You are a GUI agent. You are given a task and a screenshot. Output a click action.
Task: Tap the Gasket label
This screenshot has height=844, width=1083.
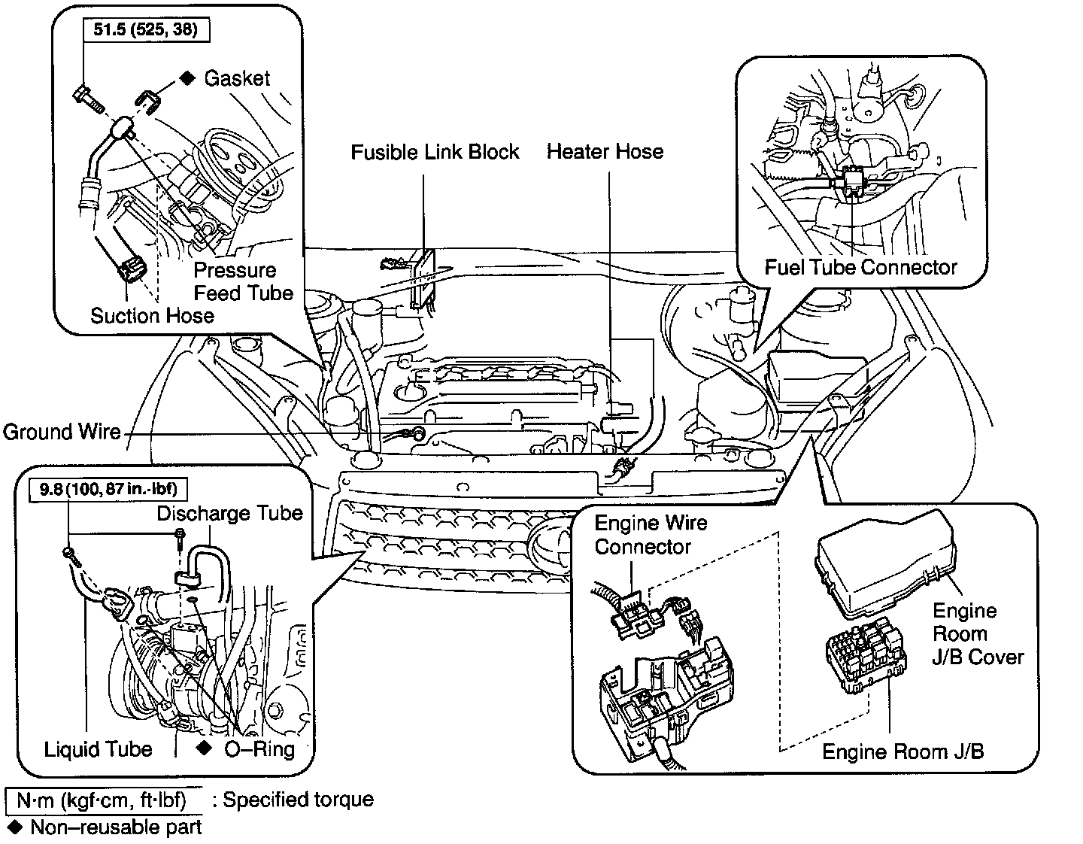(236, 78)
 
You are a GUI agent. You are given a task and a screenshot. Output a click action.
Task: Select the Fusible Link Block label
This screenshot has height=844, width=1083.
(435, 152)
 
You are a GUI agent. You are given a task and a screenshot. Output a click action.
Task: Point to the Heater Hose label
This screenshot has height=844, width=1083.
(605, 152)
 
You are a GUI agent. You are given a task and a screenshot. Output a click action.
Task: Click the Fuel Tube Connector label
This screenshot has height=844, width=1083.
(860, 267)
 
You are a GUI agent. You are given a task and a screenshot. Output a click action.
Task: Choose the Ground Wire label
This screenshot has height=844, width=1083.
(62, 432)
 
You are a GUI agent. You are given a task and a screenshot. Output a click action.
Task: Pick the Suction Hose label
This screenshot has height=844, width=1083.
(152, 315)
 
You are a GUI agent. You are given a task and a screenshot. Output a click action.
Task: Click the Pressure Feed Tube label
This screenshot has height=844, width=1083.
(242, 281)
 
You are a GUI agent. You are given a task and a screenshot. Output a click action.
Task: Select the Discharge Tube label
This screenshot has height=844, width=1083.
(229, 514)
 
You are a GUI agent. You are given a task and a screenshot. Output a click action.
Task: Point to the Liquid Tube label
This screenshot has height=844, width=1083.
(98, 749)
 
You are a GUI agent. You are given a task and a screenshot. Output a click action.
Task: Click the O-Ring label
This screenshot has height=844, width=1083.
(259, 749)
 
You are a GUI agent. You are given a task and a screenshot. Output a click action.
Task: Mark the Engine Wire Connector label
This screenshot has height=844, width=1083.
(651, 535)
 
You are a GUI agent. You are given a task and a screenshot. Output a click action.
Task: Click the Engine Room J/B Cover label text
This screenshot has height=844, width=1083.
(977, 634)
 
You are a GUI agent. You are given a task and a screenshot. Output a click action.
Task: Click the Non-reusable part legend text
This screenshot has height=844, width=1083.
(116, 827)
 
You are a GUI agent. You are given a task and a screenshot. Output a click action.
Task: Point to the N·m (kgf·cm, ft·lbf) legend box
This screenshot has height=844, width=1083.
(104, 799)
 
